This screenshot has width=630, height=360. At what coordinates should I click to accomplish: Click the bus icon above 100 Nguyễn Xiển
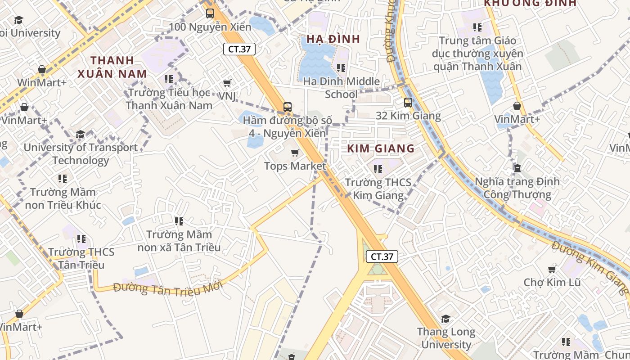210,13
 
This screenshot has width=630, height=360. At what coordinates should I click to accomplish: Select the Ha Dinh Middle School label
341,88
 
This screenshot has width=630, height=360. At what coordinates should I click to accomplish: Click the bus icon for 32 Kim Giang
408,103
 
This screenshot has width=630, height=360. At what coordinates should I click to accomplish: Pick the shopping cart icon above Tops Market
295,153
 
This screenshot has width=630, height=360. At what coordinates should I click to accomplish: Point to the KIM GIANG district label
381,148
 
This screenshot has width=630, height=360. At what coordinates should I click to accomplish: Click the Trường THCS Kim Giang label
378,189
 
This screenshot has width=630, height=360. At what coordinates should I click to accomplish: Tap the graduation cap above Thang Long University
445,319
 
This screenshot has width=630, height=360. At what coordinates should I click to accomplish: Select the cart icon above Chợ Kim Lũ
552,269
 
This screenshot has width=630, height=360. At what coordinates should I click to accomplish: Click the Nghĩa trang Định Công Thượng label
517,188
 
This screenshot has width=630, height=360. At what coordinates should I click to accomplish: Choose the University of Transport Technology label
81,154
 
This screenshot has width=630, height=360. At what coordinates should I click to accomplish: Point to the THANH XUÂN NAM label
112,67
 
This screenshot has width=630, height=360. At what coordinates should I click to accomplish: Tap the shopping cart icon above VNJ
227,83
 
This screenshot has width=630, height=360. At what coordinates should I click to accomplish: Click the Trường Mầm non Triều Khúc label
63,198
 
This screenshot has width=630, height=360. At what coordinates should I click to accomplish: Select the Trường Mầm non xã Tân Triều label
179,241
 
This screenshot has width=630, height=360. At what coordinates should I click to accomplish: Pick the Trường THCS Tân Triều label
81,258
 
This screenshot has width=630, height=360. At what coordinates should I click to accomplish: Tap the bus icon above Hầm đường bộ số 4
288,107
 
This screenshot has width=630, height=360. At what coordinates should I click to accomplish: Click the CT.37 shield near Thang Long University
382,256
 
